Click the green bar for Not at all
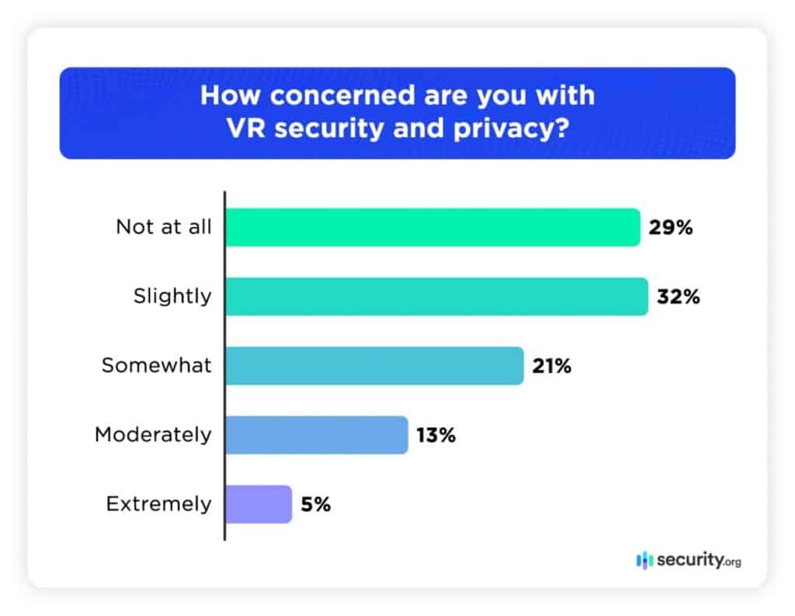point(432,228)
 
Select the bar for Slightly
point(436,297)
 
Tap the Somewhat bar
point(374,366)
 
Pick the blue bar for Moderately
point(316,435)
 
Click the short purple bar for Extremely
point(259,504)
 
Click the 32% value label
point(679,297)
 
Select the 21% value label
point(552,366)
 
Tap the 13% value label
point(436,435)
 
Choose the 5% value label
point(315,504)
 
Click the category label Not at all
point(163,227)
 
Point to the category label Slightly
point(173,296)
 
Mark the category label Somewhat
point(156,365)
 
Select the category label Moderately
point(152,434)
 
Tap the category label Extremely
point(158,503)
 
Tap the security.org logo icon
point(644,559)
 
